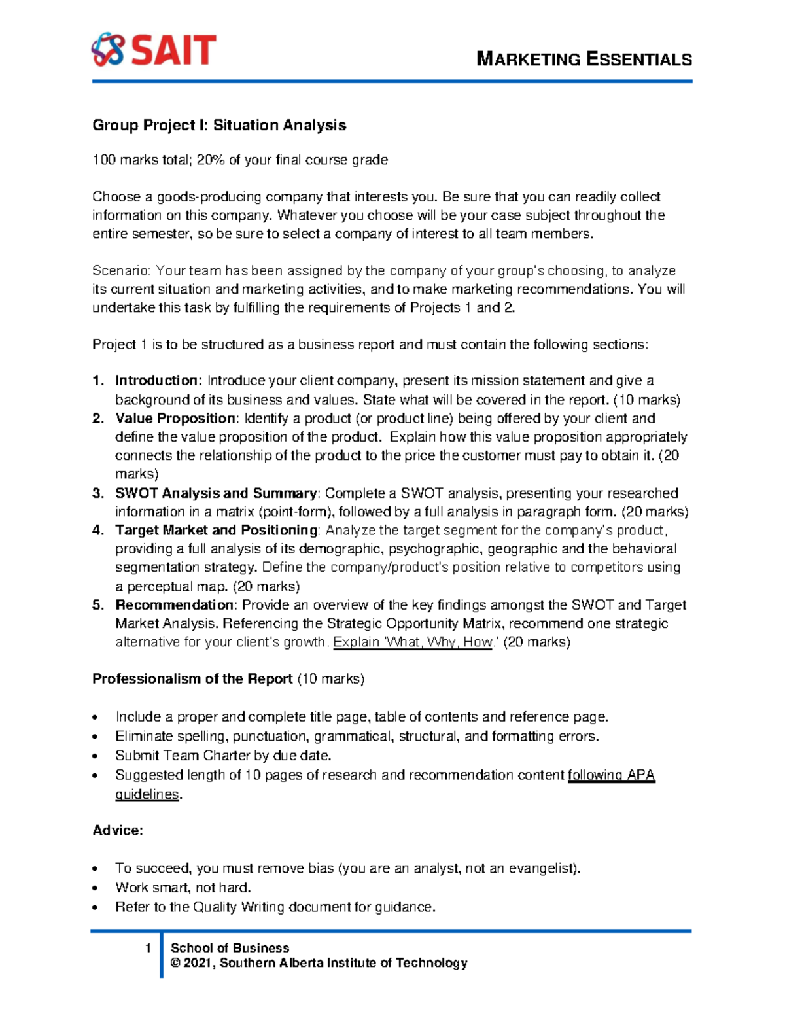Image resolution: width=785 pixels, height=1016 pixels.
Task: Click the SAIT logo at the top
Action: coord(154,50)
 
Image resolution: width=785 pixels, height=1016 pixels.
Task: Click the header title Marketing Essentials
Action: coord(584,60)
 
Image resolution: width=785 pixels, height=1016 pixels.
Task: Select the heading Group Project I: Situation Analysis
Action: coord(219,125)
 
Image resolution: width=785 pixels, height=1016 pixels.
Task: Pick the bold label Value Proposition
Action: coord(175,418)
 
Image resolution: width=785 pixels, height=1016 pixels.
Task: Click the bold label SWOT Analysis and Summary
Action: coord(216,493)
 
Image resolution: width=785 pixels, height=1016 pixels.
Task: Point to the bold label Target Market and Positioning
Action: coord(217,530)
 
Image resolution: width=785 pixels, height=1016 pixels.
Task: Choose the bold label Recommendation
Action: coord(174,605)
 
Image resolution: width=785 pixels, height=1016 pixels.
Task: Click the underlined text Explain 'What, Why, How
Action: coord(412,642)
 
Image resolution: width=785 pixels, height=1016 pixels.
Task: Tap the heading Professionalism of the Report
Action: coord(192,679)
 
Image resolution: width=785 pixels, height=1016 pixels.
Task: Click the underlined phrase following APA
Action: coord(611,775)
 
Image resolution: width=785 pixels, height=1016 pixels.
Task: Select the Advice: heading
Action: coord(118,831)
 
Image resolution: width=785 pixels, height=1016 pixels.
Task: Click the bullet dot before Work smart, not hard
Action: coord(97,888)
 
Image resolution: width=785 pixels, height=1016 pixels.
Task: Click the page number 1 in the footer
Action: coord(148,948)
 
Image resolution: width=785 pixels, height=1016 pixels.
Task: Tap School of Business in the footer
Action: coord(230,948)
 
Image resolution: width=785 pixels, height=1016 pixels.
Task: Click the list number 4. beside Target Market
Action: coord(98,530)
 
